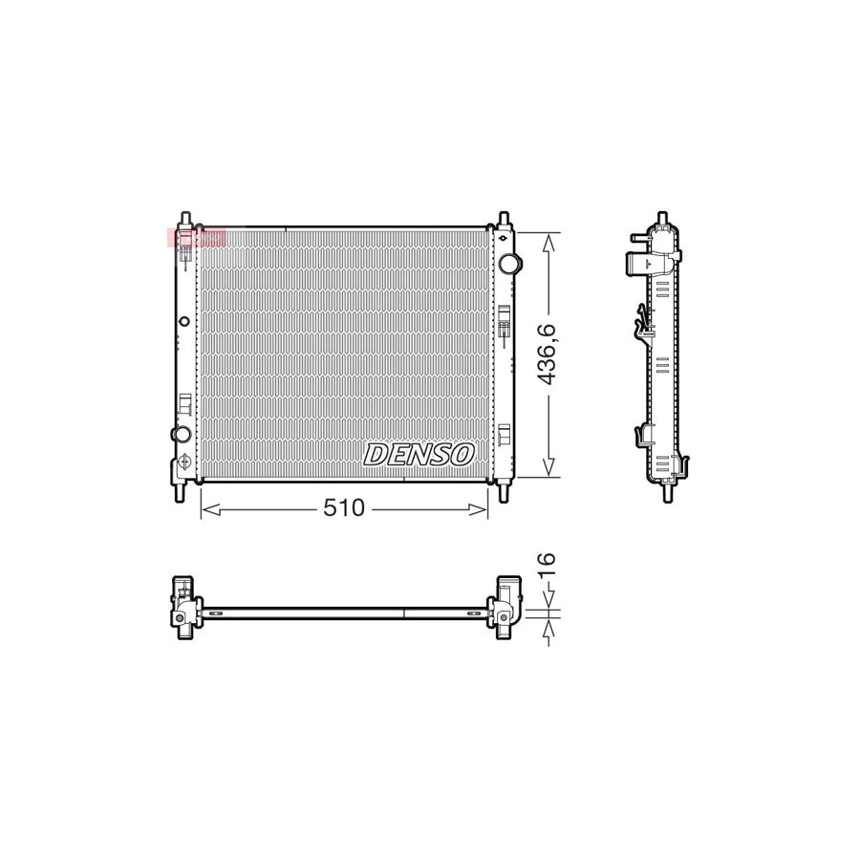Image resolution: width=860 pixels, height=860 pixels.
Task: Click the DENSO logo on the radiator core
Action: point(419,454)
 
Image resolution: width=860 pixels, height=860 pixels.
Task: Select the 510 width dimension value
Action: point(343,509)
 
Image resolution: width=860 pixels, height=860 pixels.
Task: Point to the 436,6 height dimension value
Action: point(547,355)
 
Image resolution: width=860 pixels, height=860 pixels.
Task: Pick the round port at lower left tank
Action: point(181,435)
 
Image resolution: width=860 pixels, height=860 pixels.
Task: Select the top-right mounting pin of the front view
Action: point(503,218)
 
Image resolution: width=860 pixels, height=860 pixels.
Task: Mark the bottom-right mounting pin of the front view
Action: point(504,493)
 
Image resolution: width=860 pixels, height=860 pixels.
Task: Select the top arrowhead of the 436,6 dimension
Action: point(548,240)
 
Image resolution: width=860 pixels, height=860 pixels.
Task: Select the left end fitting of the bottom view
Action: point(183,608)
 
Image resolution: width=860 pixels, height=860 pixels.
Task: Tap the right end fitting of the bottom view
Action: point(504,607)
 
